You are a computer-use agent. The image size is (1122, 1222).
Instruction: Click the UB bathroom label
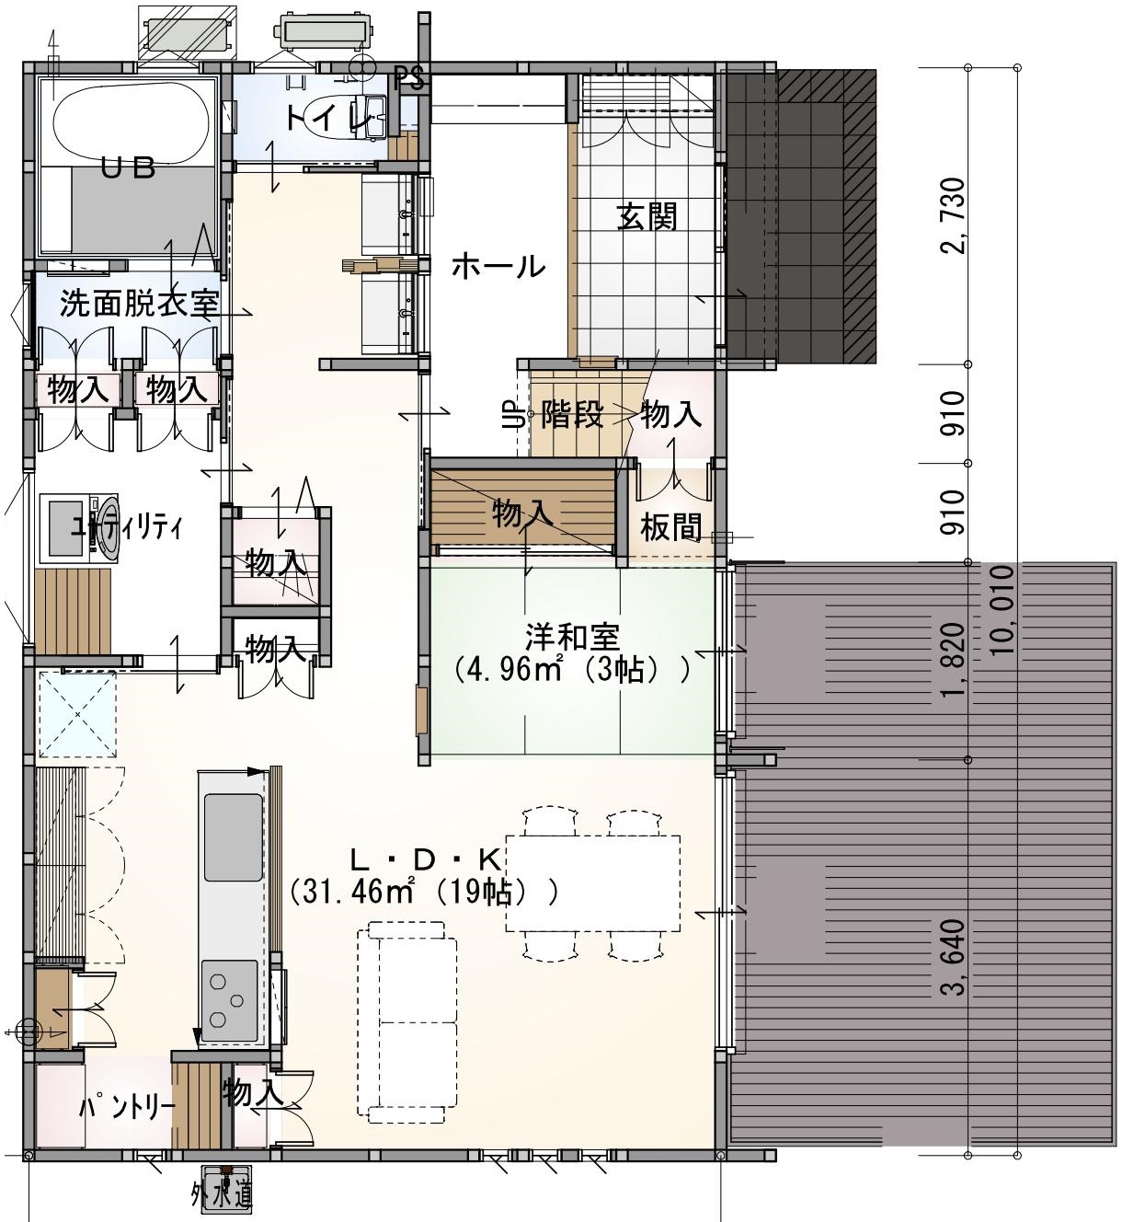pyautogui.click(x=128, y=168)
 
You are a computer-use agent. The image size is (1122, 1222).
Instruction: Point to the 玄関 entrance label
pyautogui.click(x=647, y=216)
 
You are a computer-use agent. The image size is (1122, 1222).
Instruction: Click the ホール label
pyautogui.click(x=498, y=267)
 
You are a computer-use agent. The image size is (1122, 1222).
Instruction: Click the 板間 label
pyautogui.click(x=670, y=527)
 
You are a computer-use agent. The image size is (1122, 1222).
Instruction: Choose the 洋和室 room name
pyautogui.click(x=573, y=638)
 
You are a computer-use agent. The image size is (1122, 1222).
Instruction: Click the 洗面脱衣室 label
pyautogui.click(x=140, y=304)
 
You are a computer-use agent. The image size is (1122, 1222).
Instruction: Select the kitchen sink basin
pyautogui.click(x=234, y=836)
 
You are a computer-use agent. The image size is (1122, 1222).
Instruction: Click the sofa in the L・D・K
pyautogui.click(x=406, y=1023)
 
